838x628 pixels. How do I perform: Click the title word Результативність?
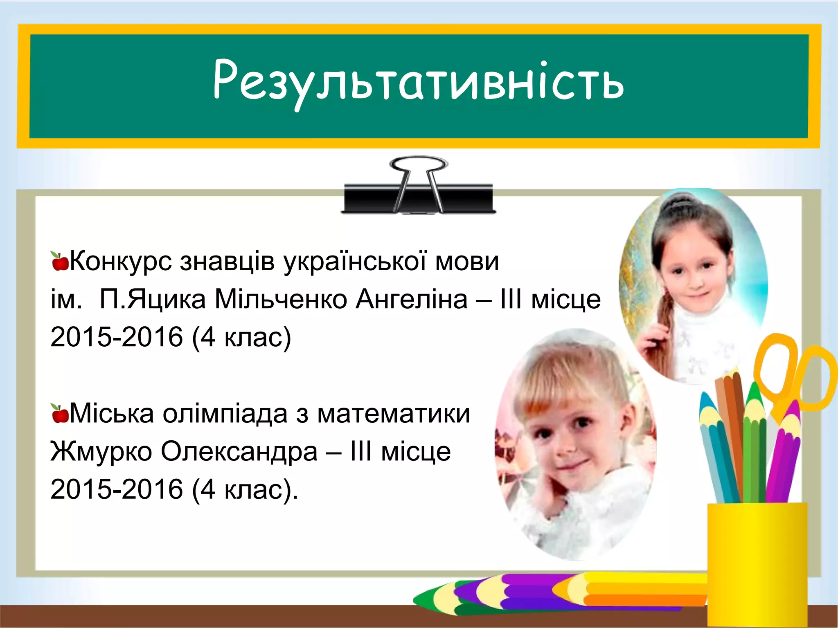(418, 82)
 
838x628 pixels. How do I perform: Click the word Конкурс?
(121, 262)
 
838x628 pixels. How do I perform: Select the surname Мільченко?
(281, 299)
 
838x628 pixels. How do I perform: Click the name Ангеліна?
(411, 299)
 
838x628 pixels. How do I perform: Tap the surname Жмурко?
(101, 452)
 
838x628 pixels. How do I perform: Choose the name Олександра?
(239, 451)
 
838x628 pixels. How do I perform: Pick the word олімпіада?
(225, 414)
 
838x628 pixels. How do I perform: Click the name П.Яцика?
(152, 299)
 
